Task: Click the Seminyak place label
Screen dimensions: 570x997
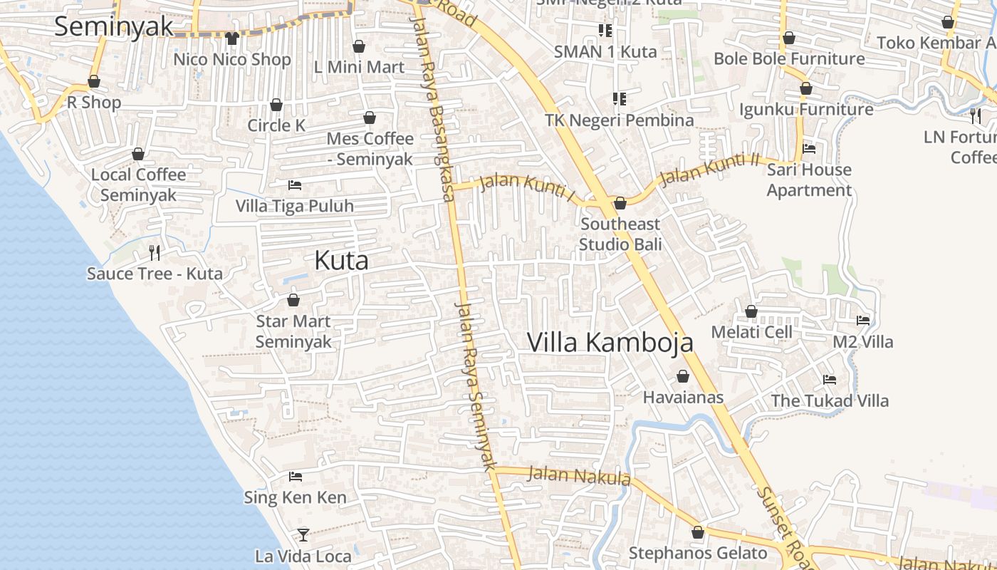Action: tap(114, 26)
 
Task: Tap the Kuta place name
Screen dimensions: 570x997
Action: tap(342, 261)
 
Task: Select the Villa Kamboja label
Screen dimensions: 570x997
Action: tap(610, 343)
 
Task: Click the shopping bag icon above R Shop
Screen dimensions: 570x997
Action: tap(94, 82)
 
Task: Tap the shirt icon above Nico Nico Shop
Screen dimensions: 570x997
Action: tap(231, 38)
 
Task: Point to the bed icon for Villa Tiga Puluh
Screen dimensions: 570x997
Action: tap(295, 185)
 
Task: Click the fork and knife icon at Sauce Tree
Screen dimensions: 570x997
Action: tap(154, 252)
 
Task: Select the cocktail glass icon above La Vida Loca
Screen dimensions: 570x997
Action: tap(303, 534)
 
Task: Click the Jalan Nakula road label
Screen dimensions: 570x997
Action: tap(580, 475)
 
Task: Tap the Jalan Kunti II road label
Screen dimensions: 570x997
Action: tap(710, 170)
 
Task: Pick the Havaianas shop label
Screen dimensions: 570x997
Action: tap(683, 398)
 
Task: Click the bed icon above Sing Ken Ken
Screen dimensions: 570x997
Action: tap(296, 476)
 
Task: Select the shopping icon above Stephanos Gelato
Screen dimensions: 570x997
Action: tap(698, 532)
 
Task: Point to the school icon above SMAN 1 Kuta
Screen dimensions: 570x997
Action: tap(605, 30)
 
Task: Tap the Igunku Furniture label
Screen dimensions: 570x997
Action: tap(806, 110)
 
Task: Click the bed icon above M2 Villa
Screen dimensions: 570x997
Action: tap(863, 321)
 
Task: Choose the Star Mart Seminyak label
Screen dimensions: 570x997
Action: tap(293, 331)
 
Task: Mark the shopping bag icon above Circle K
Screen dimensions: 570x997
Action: tap(276, 105)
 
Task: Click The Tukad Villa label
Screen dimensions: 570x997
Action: tap(830, 400)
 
